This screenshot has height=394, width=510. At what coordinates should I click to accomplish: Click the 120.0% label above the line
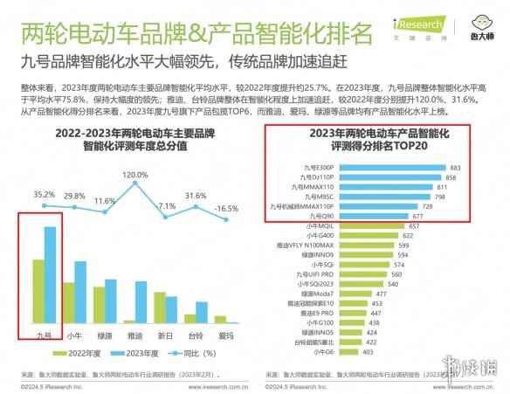coord(134,176)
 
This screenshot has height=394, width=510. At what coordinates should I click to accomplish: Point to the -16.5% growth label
coord(227,208)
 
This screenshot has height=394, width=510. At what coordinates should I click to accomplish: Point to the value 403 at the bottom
coord(368,352)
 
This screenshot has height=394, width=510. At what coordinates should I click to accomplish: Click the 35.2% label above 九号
coord(44,194)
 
